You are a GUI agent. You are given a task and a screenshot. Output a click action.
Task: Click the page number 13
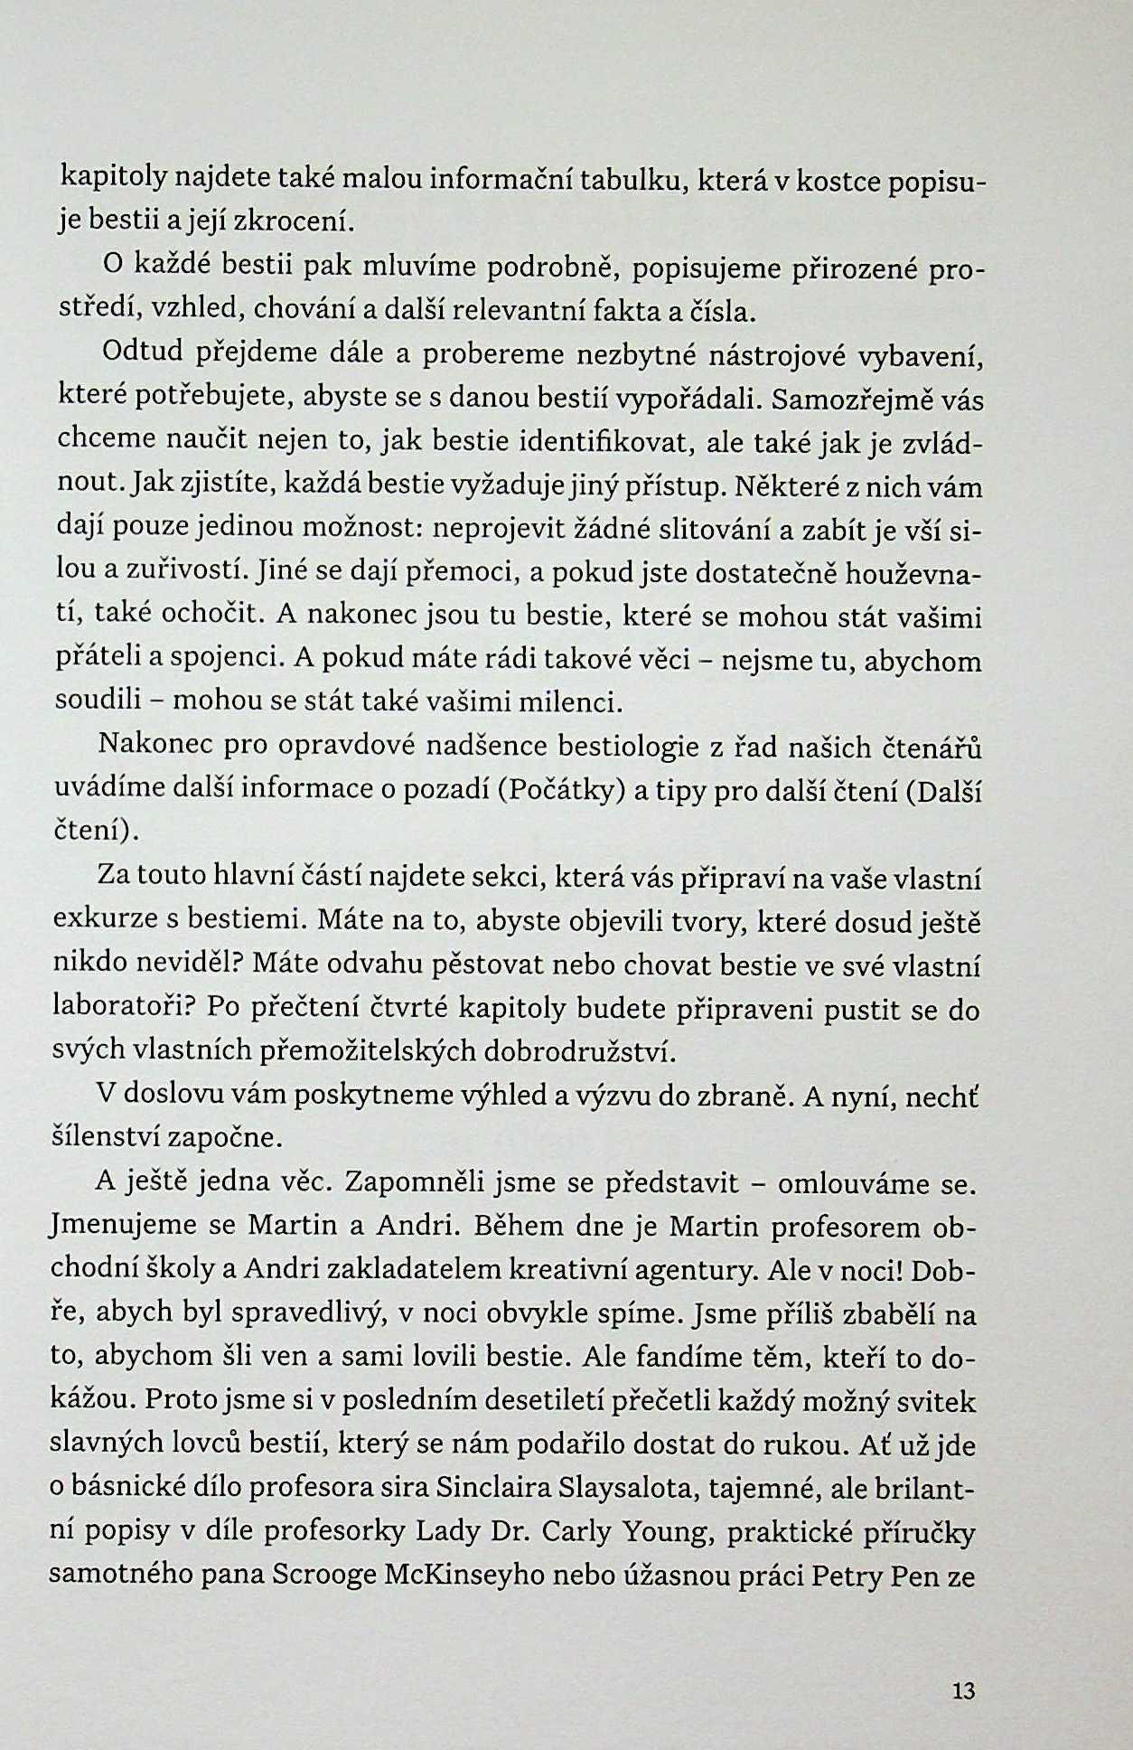[x=964, y=1690]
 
